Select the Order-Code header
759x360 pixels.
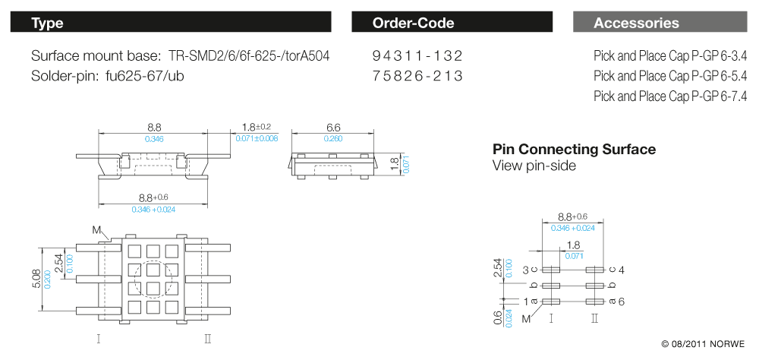pos(451,23)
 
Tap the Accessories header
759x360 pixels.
pos(660,23)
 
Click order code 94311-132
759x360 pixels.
pos(417,56)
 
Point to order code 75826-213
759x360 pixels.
pos(417,76)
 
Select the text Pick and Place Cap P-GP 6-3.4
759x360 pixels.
pos(670,56)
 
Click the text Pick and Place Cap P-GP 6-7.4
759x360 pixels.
pos(670,96)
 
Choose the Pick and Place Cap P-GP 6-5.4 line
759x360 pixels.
pos(670,76)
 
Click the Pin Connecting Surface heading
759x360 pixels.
pos(574,150)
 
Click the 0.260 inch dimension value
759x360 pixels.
pos(333,139)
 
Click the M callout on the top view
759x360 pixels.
pos(96,229)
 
